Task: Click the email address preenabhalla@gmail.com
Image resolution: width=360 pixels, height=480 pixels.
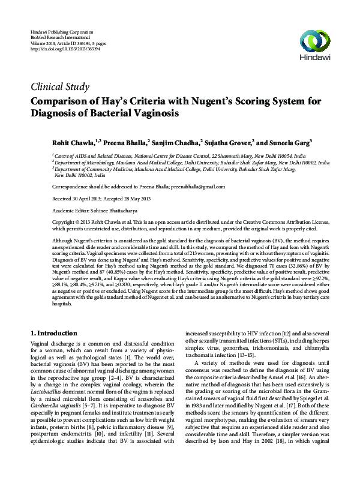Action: pyautogui.click(x=193, y=187)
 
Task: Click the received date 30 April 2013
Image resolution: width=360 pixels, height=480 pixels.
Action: pyautogui.click(x=86, y=199)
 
